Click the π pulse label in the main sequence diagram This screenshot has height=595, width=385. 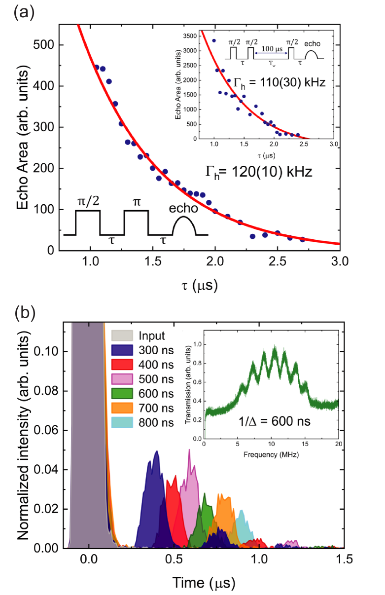pyautogui.click(x=136, y=202)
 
